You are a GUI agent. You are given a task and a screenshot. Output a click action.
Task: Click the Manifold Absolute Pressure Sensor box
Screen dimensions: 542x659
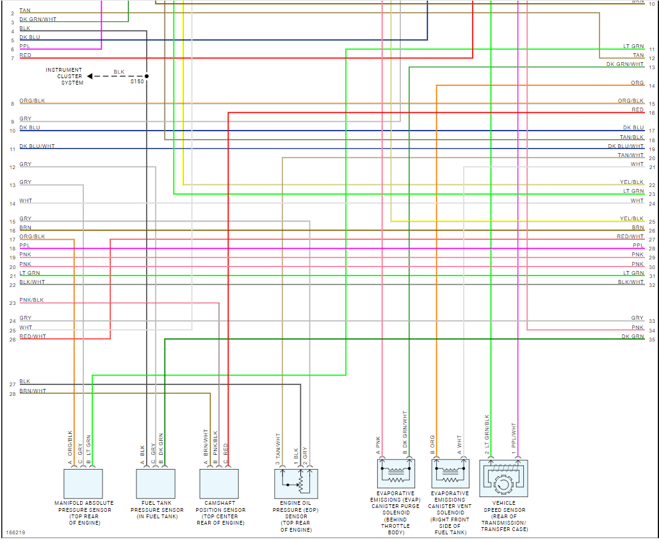83,484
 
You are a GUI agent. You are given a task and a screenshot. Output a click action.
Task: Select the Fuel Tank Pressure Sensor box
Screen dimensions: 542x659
156,484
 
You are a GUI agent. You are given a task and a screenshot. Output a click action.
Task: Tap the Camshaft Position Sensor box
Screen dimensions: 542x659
219,484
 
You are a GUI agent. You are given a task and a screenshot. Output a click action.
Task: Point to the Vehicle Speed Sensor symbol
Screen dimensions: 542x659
503,479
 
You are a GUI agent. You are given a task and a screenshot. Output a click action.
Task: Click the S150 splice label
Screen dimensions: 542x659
137,82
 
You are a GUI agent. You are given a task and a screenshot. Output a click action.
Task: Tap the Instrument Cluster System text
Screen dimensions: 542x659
64,76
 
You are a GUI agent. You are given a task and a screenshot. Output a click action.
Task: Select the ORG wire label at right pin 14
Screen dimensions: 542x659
637,83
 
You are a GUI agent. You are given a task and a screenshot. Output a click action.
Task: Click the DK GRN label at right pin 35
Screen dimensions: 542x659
633,336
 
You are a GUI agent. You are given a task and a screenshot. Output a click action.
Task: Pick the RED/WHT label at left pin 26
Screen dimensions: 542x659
33,336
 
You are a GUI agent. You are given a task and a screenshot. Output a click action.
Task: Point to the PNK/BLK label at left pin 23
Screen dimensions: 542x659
31,300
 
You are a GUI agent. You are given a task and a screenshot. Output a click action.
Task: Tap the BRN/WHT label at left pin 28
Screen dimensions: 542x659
33,391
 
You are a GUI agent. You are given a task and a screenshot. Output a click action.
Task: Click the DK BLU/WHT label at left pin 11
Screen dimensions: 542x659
37,146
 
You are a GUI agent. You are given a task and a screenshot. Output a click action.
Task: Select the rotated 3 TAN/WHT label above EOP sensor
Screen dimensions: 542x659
279,448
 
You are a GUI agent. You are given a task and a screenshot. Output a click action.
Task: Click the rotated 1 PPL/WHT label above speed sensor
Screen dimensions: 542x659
514,439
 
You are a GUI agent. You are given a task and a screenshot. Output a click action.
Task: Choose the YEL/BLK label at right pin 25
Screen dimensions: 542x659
631,218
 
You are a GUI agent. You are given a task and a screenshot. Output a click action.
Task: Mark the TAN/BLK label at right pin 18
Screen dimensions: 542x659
631,137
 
